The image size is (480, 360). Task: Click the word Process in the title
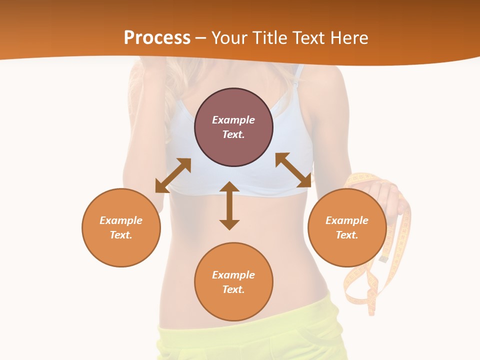(x=157, y=38)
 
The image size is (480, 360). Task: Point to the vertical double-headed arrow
(x=229, y=205)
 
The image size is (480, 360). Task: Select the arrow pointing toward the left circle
(x=173, y=175)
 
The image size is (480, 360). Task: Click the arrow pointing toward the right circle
(x=293, y=170)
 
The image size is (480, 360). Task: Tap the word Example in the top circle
(x=233, y=120)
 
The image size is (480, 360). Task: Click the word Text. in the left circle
(x=121, y=235)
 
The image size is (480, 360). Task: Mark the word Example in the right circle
(x=347, y=220)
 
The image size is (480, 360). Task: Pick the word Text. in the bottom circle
(x=233, y=289)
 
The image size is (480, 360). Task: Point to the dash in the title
(x=201, y=38)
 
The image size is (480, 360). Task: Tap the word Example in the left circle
(x=121, y=220)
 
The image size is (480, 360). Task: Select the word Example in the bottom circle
(x=233, y=275)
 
